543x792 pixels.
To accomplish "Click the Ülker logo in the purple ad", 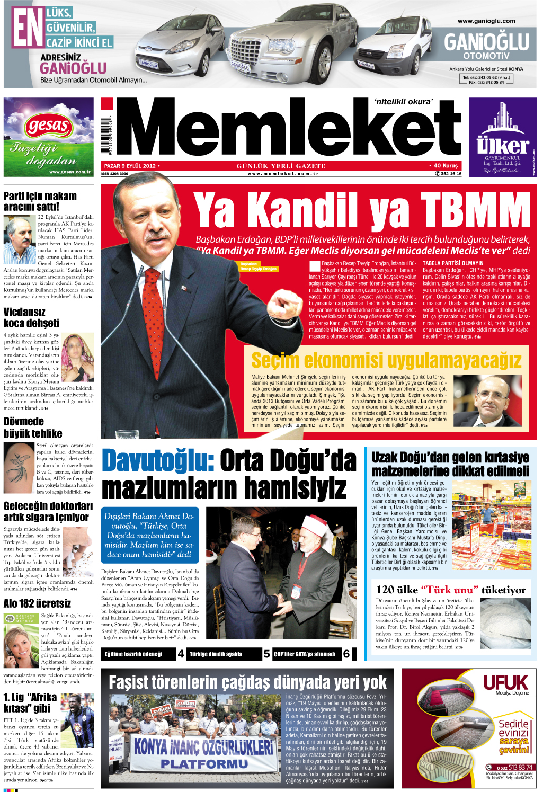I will (x=502, y=145).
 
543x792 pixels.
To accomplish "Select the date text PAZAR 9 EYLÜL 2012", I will (x=130, y=166).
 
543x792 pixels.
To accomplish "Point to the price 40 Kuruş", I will (x=445, y=166).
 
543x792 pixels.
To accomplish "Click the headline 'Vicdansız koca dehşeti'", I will (x=31, y=317).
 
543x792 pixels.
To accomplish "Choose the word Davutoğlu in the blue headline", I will (x=157, y=460).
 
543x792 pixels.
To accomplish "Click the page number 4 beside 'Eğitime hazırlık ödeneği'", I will (x=181, y=654).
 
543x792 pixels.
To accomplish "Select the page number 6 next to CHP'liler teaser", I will (x=346, y=654).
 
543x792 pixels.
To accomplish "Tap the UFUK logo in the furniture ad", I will (x=505, y=682).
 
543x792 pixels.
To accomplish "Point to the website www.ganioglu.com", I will (x=486, y=21).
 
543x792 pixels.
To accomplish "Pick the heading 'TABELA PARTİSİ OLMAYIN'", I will (x=453, y=263).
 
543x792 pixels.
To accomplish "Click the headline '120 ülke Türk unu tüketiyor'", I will (x=450, y=590).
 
